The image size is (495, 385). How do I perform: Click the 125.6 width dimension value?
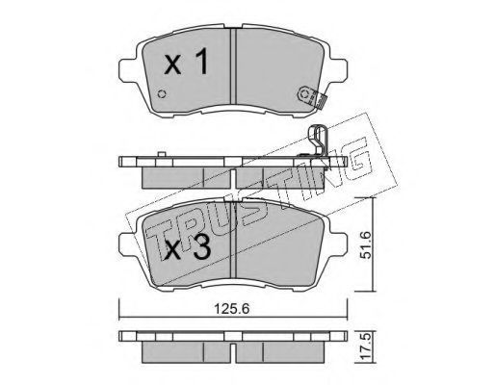pos(231,309)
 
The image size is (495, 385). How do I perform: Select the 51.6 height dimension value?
pos(365,244)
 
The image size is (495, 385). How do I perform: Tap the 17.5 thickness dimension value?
pos(365,348)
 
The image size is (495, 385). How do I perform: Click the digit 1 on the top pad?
pos(201,63)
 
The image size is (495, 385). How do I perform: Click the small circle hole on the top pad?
pos(163,94)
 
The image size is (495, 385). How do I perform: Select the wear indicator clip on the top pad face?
pos(311,96)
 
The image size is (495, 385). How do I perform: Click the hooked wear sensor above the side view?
pos(319,141)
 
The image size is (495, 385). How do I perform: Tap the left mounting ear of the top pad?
pos(128,70)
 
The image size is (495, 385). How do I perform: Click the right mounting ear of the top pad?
pos(338,70)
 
